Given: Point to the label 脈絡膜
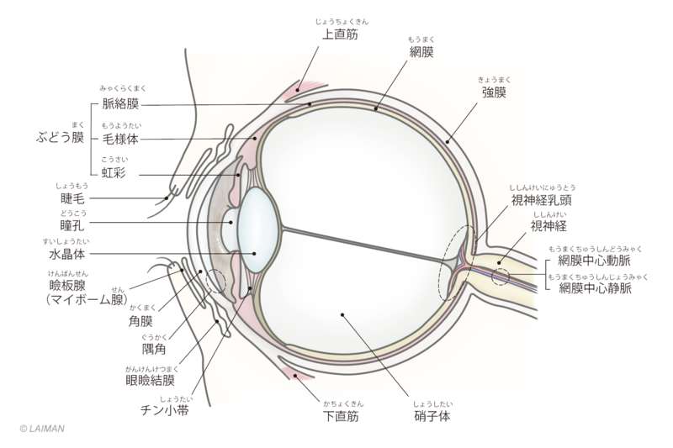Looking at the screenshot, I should click(120, 104).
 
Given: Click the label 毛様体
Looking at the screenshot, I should click(120, 138).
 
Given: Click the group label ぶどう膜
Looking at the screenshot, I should click(61, 138).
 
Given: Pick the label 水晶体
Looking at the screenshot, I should click(65, 252).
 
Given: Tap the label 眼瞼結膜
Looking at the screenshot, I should click(151, 379).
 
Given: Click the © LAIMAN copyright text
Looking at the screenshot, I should click(41, 428).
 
